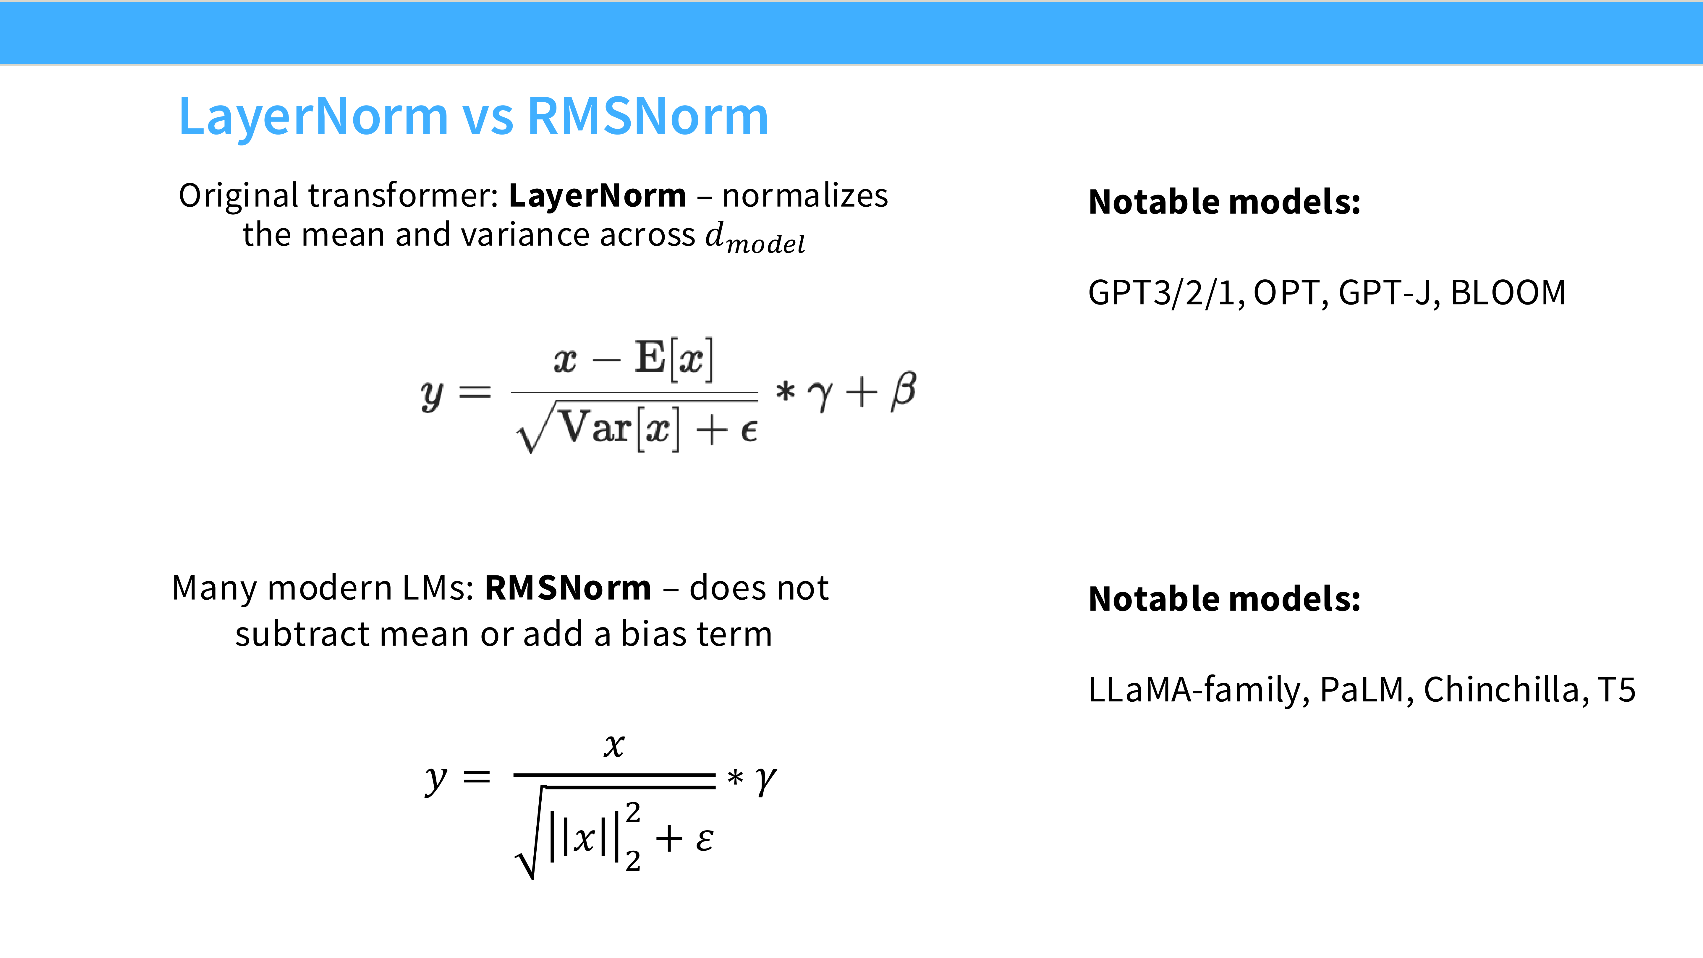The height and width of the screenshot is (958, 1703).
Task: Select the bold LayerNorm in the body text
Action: coord(597,196)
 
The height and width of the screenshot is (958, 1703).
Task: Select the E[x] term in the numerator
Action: coord(674,359)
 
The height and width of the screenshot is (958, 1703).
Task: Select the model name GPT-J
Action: coord(1385,293)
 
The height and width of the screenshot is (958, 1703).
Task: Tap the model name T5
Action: coord(1616,690)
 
